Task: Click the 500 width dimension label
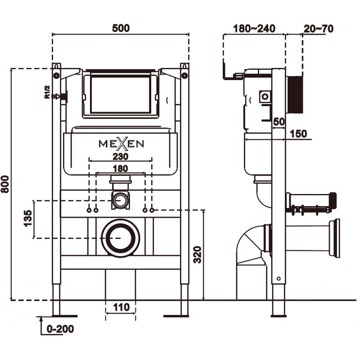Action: (x=120, y=28)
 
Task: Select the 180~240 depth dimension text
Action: (x=254, y=28)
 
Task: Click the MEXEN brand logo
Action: (x=121, y=144)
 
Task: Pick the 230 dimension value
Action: (x=121, y=157)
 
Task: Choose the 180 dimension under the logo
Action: (x=120, y=168)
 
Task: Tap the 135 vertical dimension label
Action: (x=28, y=219)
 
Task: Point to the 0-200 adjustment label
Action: (x=60, y=329)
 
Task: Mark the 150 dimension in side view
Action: (x=298, y=134)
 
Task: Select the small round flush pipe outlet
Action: (x=120, y=200)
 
